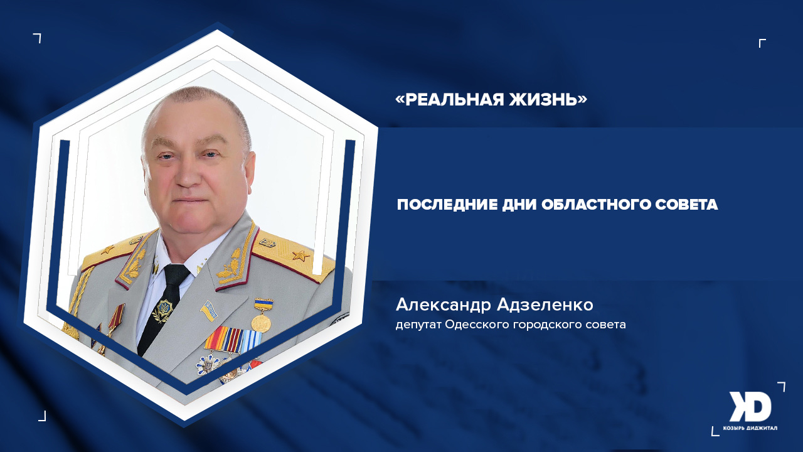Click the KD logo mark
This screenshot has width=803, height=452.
click(x=750, y=407)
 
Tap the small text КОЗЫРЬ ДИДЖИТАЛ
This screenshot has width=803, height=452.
click(x=750, y=428)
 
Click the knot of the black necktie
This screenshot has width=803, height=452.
click(x=175, y=274)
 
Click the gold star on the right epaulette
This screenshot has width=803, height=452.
click(x=302, y=256)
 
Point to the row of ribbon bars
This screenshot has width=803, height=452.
click(x=231, y=340)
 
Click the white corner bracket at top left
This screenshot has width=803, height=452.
click(x=38, y=38)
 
